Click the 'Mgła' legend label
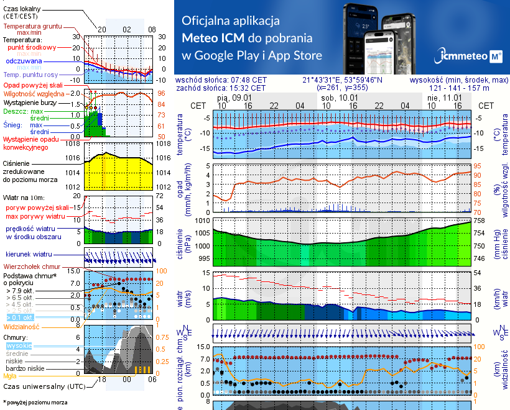coord(10,376)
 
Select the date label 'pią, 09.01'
coord(234,98)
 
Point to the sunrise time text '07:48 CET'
coord(248,80)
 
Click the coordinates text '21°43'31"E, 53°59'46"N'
coord(343,80)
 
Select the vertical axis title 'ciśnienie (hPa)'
coord(180,240)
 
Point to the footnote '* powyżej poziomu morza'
coord(35,403)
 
